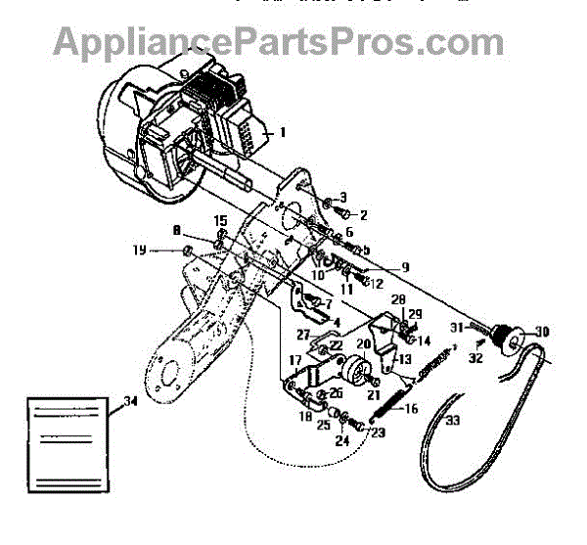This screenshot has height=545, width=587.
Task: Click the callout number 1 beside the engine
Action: (x=283, y=131)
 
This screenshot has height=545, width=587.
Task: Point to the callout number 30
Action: (x=541, y=332)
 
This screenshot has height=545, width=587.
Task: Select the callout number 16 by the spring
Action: (x=412, y=410)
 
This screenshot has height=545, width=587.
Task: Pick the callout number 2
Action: (x=363, y=214)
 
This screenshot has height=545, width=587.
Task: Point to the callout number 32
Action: (x=476, y=359)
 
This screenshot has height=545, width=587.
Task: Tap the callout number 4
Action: (x=337, y=322)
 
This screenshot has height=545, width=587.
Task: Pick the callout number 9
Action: (x=405, y=265)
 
